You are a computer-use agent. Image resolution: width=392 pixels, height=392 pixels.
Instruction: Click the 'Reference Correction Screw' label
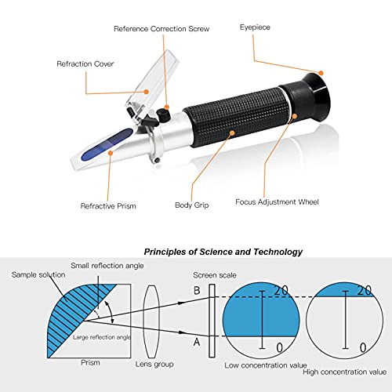[x=162, y=28]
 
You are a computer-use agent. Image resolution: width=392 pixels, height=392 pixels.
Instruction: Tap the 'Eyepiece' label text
[x=255, y=27]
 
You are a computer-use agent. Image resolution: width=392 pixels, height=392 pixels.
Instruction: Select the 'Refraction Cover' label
[x=85, y=64]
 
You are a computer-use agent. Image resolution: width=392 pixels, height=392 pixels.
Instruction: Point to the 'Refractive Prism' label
[x=108, y=206]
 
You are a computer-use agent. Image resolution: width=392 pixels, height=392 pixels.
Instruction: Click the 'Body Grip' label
[x=192, y=205]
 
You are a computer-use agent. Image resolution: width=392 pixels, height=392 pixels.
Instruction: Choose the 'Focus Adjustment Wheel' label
[x=277, y=202]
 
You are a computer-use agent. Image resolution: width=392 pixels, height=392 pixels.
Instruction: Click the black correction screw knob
[x=163, y=115]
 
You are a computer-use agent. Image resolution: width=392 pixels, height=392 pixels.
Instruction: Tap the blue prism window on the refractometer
[x=107, y=144]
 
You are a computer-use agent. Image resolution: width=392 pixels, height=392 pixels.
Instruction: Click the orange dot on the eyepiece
[x=321, y=73]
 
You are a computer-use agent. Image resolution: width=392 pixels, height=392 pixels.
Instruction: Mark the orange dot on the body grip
[x=232, y=133]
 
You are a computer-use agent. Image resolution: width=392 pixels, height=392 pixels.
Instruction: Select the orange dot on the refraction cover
[x=147, y=92]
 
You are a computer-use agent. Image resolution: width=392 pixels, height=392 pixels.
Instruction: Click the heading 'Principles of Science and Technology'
[x=223, y=252]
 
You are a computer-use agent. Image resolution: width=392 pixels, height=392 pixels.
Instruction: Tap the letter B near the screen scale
[x=197, y=291]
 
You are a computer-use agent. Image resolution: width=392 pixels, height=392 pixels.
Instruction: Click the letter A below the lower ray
[x=197, y=342]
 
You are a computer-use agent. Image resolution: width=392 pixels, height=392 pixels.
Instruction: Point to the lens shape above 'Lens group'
[x=151, y=321]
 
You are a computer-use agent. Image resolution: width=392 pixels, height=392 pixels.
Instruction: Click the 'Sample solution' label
[x=38, y=274]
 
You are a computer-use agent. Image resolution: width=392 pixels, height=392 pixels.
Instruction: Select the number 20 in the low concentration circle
[x=281, y=290]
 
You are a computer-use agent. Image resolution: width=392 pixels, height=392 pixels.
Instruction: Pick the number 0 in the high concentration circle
[x=363, y=348]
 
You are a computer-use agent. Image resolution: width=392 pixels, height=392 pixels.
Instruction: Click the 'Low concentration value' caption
[x=266, y=365]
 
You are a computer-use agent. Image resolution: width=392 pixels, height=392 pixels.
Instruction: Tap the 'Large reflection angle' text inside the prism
[x=102, y=337]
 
